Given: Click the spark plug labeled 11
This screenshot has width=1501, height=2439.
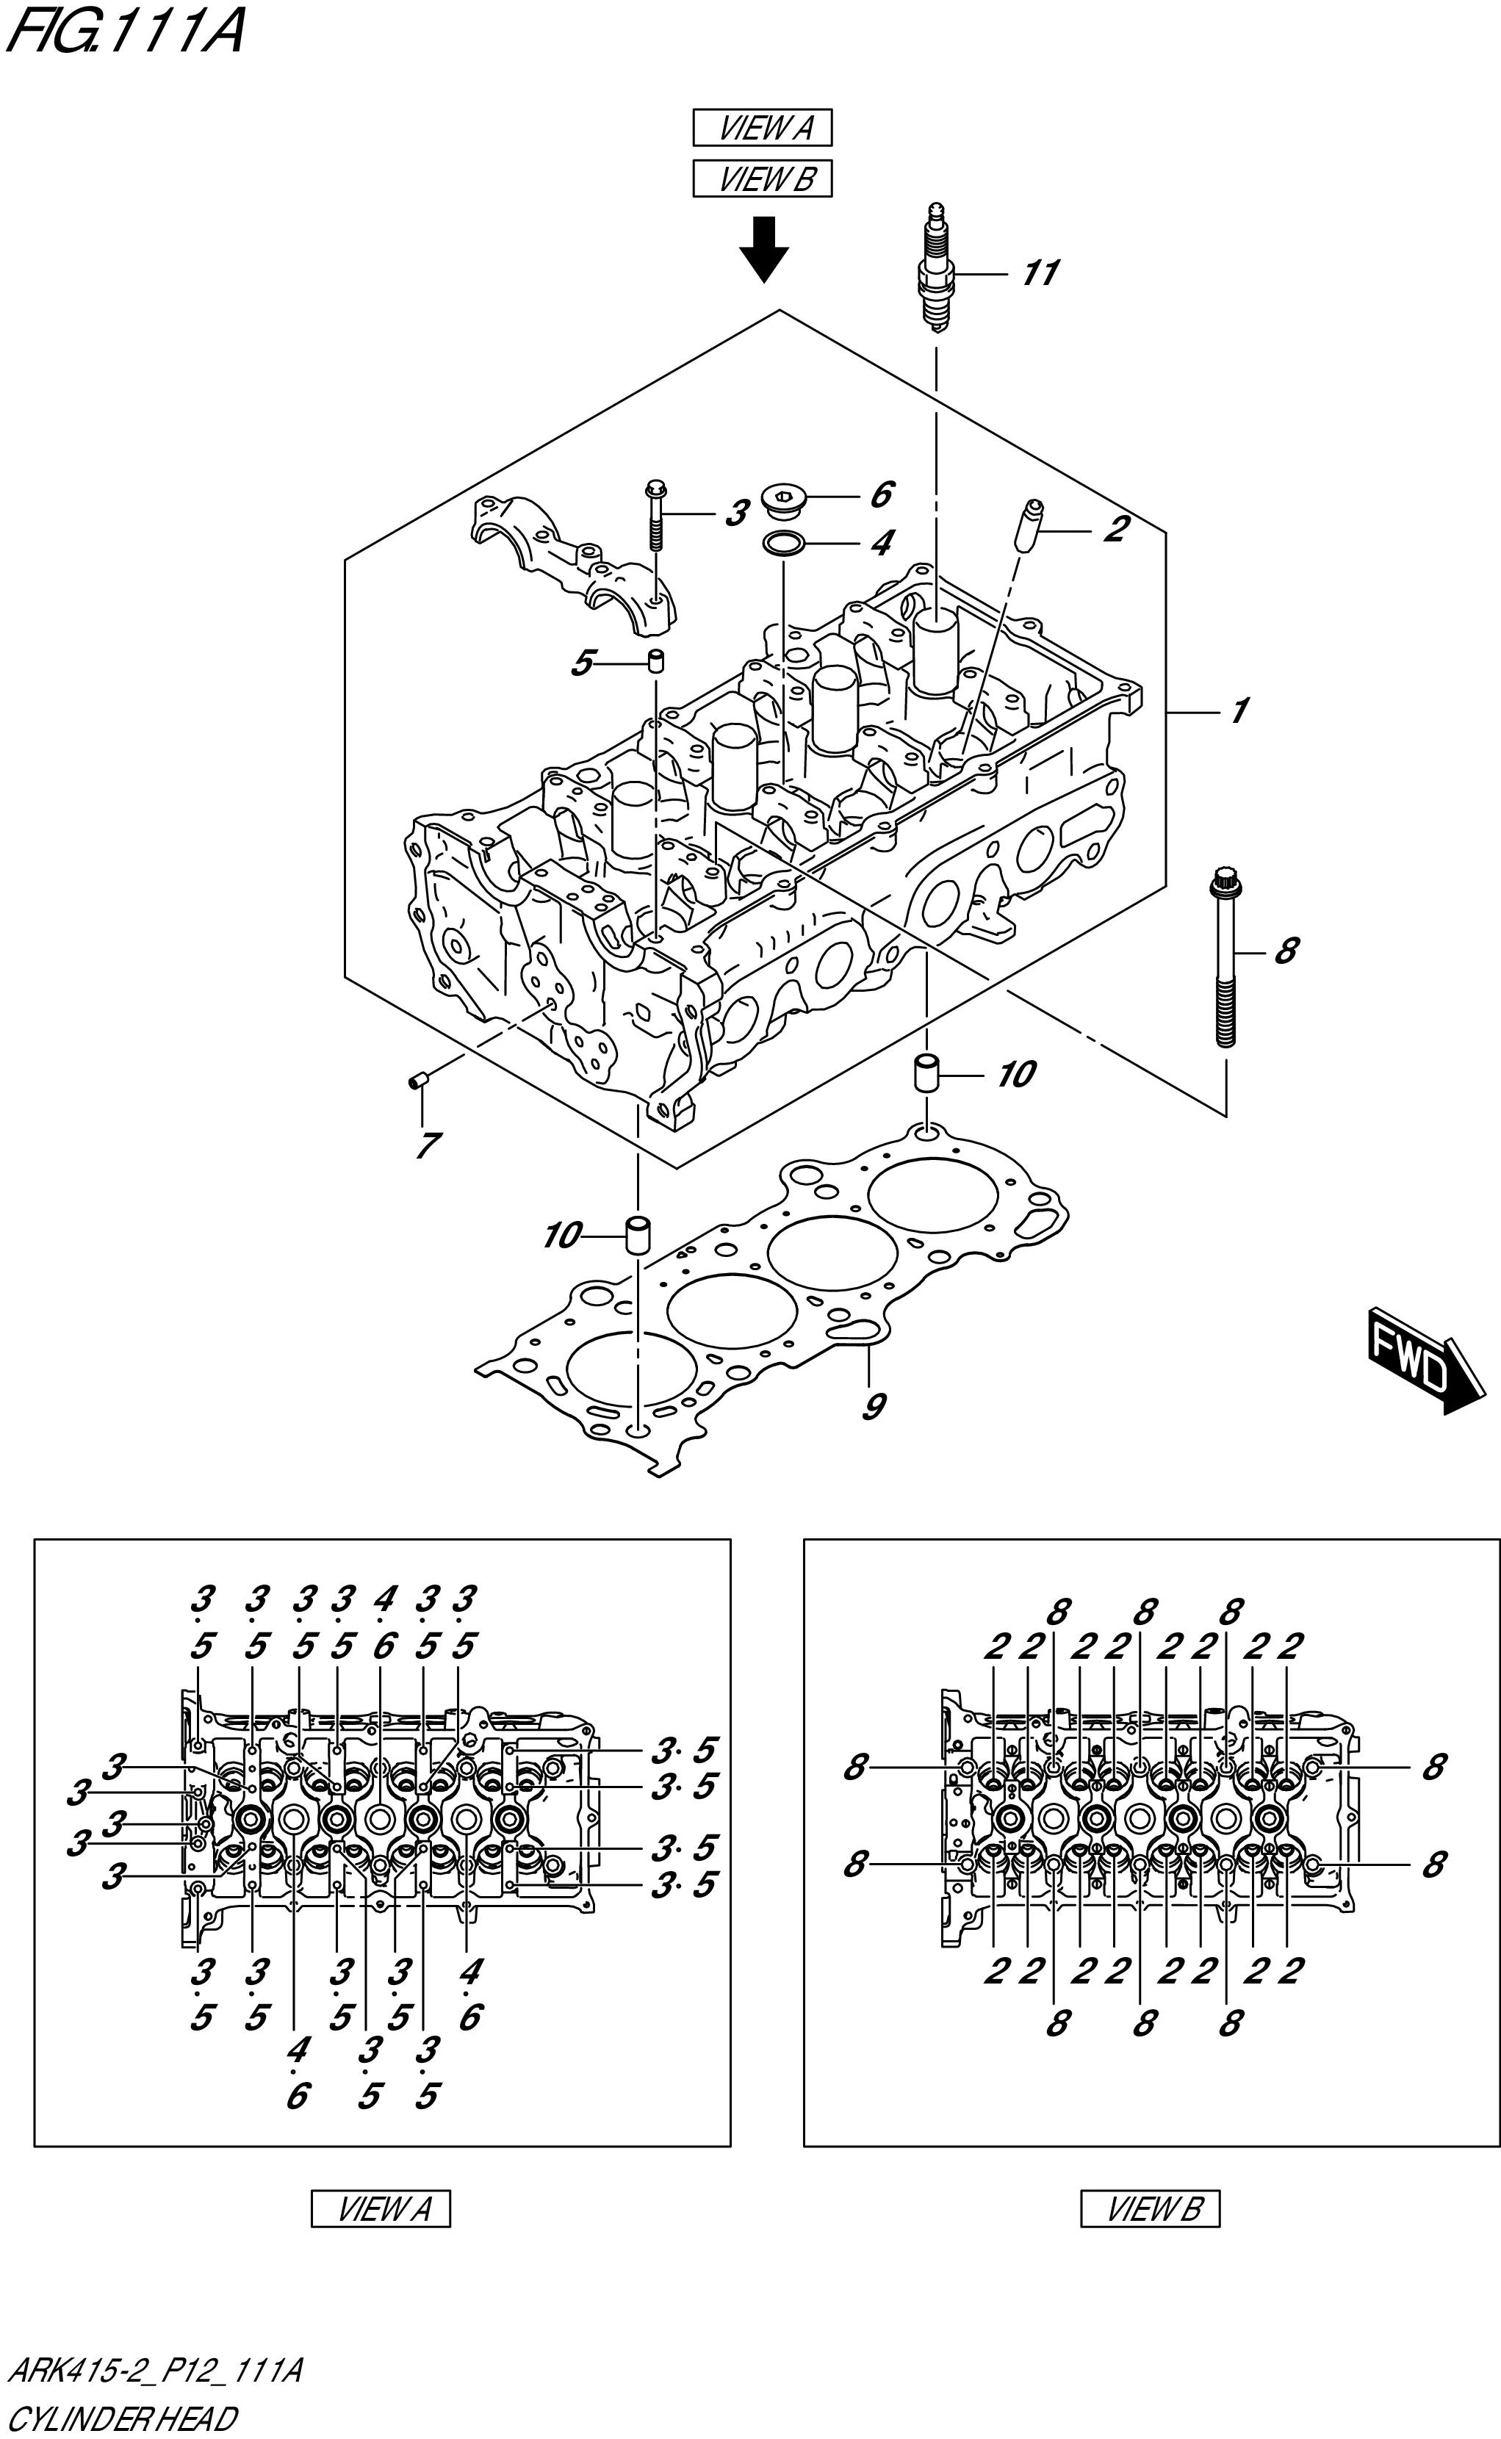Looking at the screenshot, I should tap(936, 268).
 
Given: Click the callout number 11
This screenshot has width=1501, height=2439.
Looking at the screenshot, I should tap(1040, 273).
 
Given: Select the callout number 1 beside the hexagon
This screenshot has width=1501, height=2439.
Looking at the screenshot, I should tap(1238, 712).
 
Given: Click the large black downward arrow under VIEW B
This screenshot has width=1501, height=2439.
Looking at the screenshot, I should tap(763, 251).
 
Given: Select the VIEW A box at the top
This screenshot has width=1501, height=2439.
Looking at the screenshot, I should tap(763, 128).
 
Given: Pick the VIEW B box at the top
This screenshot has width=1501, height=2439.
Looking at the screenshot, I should tap(763, 180).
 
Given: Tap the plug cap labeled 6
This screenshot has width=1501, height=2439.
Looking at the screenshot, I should tap(780, 498).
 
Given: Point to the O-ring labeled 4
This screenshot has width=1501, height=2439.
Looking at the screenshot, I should tap(782, 543).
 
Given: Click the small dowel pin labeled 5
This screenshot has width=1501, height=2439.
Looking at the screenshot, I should tap(656, 661).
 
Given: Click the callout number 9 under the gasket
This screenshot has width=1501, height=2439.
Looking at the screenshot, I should tap(874, 1407).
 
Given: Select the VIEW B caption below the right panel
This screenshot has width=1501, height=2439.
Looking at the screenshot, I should tap(1150, 2209).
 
